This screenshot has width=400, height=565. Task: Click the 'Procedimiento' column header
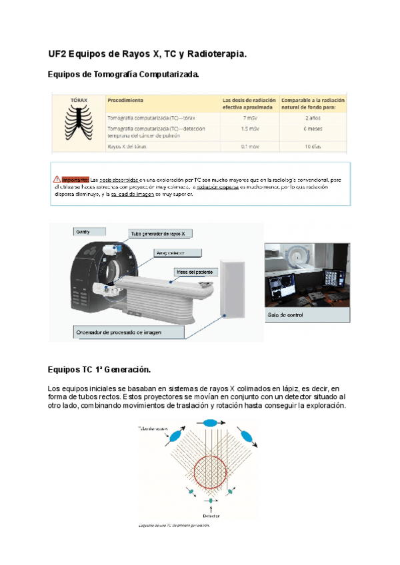pyautogui.click(x=125, y=101)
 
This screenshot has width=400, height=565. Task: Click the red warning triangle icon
pyautogui.click(x=57, y=179)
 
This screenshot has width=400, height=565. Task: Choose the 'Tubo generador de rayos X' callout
pyautogui.click(x=161, y=233)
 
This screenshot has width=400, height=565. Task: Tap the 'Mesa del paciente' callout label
pyautogui.click(x=194, y=272)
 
